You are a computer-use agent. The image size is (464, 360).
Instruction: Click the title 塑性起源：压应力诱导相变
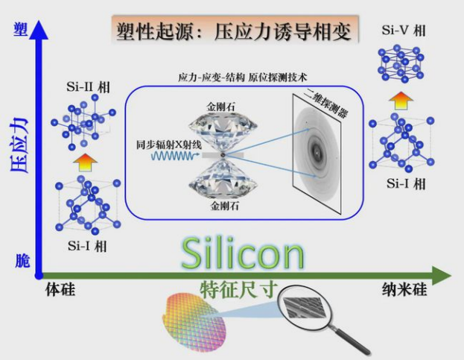point(233,31)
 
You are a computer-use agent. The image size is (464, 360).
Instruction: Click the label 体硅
point(60,289)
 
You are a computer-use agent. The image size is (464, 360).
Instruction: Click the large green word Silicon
point(243,254)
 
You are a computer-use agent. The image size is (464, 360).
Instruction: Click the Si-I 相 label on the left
point(85,246)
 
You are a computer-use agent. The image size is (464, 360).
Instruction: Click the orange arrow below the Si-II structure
point(86,160)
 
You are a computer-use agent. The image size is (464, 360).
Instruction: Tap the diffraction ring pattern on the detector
point(317,153)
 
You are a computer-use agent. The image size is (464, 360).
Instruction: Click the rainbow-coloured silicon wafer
point(197,319)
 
